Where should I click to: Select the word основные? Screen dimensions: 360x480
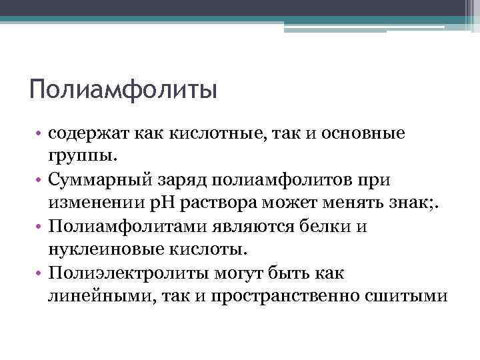[363, 134]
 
